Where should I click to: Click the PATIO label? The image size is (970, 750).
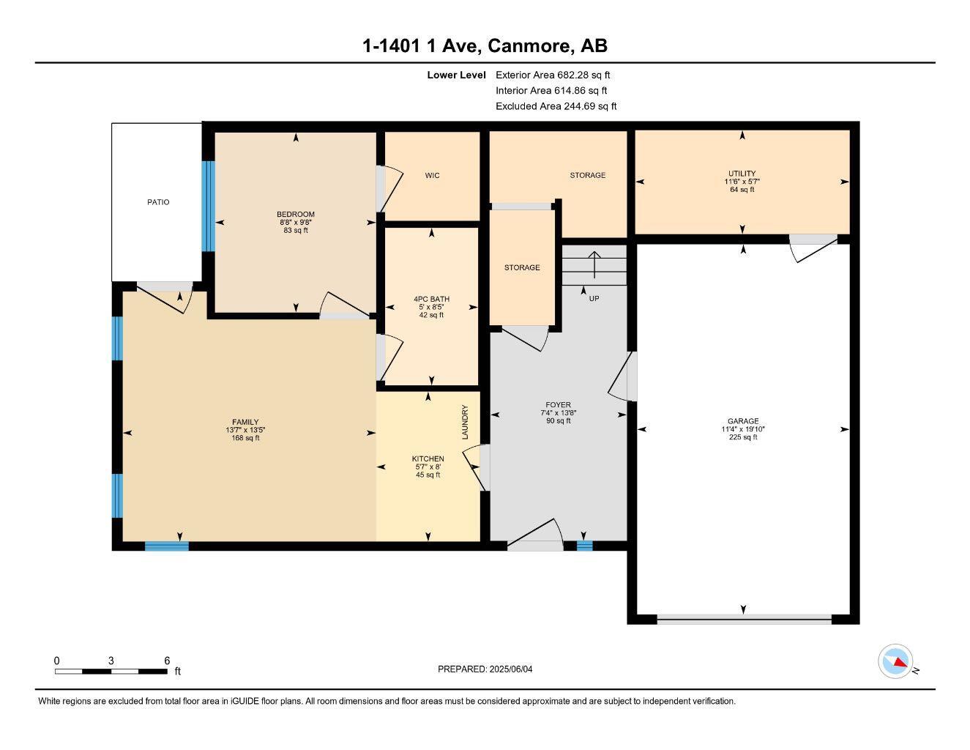point(158,202)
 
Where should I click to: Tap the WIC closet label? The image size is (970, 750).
point(433,176)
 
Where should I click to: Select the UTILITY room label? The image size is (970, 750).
point(742,174)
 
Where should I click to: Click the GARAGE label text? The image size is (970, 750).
point(743,421)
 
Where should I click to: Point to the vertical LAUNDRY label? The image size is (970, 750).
point(465,423)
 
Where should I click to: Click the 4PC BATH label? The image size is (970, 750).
point(431,299)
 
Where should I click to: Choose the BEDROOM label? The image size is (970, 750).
point(296,215)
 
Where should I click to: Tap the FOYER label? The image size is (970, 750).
point(558,405)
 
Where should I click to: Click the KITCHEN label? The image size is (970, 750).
point(428,459)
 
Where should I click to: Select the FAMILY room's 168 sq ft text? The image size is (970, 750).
point(245,438)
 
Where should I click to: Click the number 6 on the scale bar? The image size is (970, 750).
point(168,661)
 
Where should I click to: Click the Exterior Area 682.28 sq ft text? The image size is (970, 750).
point(553,75)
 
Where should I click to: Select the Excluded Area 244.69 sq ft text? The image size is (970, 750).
point(556,106)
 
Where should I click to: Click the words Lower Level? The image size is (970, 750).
point(456,75)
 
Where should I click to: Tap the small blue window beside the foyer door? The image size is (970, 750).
point(584,546)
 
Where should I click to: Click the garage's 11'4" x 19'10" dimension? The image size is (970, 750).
point(743,429)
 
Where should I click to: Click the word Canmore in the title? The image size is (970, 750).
point(529,46)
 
